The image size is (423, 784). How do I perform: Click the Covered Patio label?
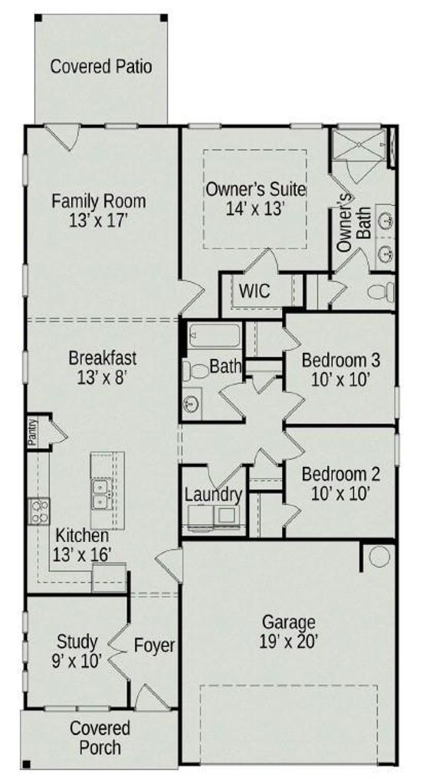(101, 67)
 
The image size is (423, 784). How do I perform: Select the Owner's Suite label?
(255, 190)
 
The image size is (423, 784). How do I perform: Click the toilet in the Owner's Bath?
(382, 292)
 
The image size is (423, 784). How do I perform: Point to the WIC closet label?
(254, 290)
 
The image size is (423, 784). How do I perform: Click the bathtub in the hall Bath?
(215, 335)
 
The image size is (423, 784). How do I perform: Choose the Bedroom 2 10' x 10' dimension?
(340, 494)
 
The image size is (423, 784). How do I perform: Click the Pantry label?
(32, 433)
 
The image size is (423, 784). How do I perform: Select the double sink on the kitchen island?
(102, 494)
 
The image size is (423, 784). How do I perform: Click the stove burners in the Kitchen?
(39, 511)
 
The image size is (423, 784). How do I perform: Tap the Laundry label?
(214, 495)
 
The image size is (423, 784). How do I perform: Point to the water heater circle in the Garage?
(379, 557)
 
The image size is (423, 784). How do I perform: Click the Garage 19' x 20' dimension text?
(289, 641)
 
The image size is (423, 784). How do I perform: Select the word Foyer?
(154, 646)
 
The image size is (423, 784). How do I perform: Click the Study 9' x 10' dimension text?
(77, 661)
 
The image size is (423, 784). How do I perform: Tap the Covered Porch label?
(100, 737)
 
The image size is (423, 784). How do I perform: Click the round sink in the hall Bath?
(190, 403)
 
